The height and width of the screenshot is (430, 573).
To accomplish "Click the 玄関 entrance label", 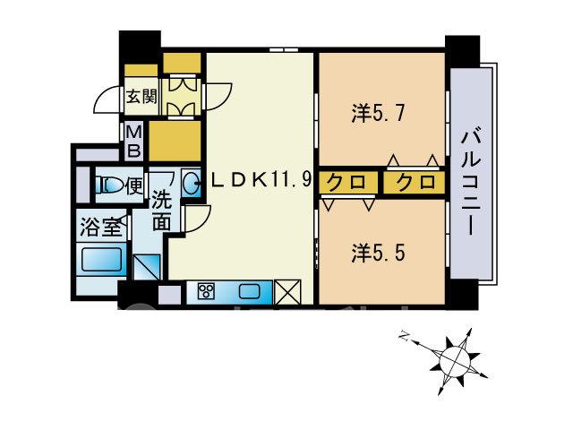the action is click(x=141, y=97).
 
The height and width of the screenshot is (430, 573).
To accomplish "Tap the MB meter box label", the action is click(x=133, y=142).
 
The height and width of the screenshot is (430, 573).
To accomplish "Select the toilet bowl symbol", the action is click(x=109, y=185).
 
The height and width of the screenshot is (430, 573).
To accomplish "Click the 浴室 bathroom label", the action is click(x=100, y=227).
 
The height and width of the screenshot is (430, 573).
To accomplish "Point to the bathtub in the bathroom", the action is click(x=101, y=260).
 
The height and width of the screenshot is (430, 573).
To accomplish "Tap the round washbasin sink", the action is click(x=191, y=183).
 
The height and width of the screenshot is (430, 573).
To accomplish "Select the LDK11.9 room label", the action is click(x=261, y=180).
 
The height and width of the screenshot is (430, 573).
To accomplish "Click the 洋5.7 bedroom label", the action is click(x=378, y=114).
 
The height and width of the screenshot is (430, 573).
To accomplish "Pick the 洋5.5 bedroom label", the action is click(x=378, y=253).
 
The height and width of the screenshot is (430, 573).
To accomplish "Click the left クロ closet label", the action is click(x=346, y=182).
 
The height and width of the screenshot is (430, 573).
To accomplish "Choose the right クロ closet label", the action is click(x=416, y=182).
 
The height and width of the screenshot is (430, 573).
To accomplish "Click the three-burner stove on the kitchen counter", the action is click(x=206, y=292).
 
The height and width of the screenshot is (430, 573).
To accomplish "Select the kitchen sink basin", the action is click(x=250, y=292).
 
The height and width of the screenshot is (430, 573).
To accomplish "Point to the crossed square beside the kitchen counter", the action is click(x=287, y=292).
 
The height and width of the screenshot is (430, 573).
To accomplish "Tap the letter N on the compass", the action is click(x=404, y=335).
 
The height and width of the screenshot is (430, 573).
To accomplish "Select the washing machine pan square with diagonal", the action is click(x=147, y=267).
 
